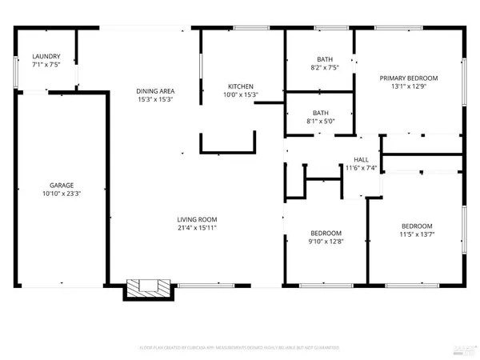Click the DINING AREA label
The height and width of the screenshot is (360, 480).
[x=155, y=91]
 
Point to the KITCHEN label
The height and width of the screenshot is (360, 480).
[x=241, y=86]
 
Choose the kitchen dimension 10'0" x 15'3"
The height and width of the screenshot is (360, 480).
[x=241, y=95]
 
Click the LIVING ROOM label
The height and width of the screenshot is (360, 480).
[x=197, y=219]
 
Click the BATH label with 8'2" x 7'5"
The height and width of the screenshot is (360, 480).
[x=324, y=58]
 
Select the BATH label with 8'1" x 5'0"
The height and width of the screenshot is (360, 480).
[x=321, y=113]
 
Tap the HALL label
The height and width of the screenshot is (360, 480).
[x=361, y=158]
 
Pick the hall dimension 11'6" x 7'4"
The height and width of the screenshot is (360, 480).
[x=361, y=168]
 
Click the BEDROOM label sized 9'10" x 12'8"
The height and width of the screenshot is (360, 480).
[x=326, y=233]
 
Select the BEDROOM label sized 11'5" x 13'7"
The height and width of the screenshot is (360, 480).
[x=417, y=226]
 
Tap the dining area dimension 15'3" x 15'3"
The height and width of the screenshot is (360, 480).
[x=155, y=101]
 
